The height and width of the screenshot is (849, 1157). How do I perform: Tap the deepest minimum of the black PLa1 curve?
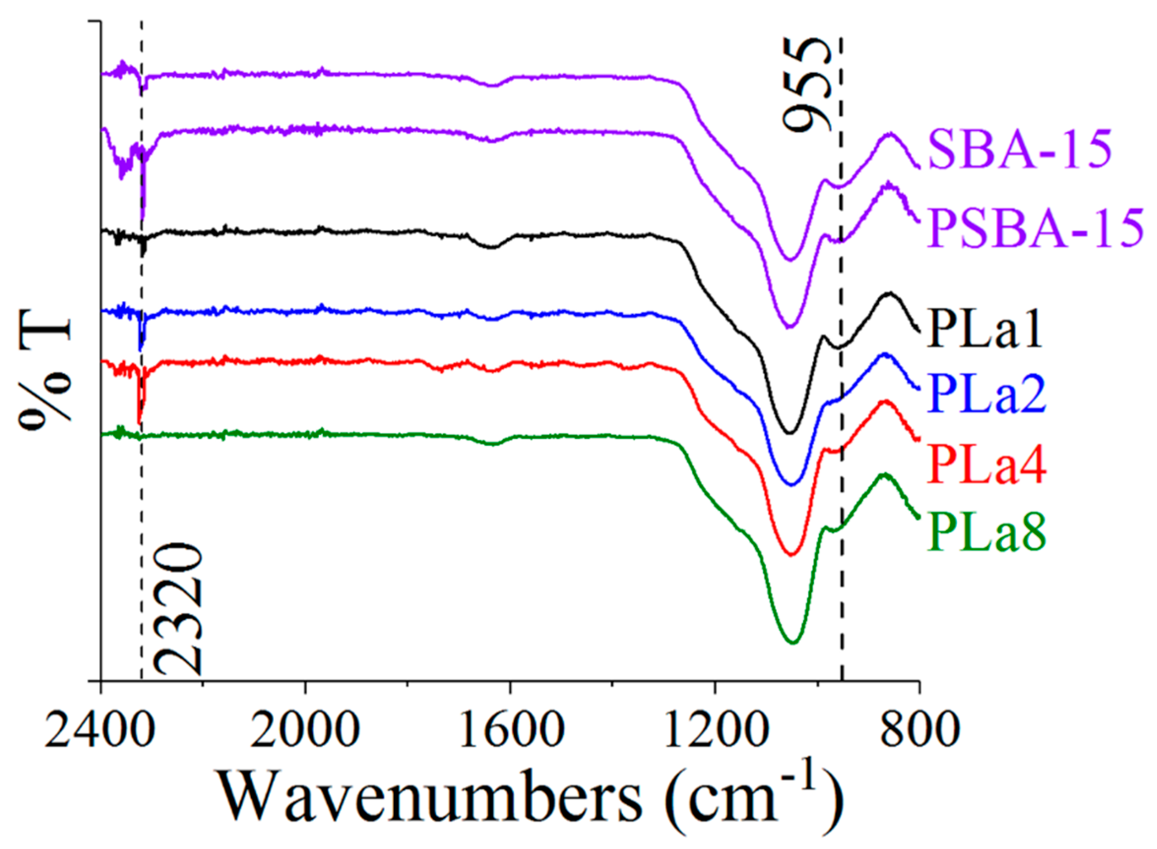[x=789, y=433]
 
